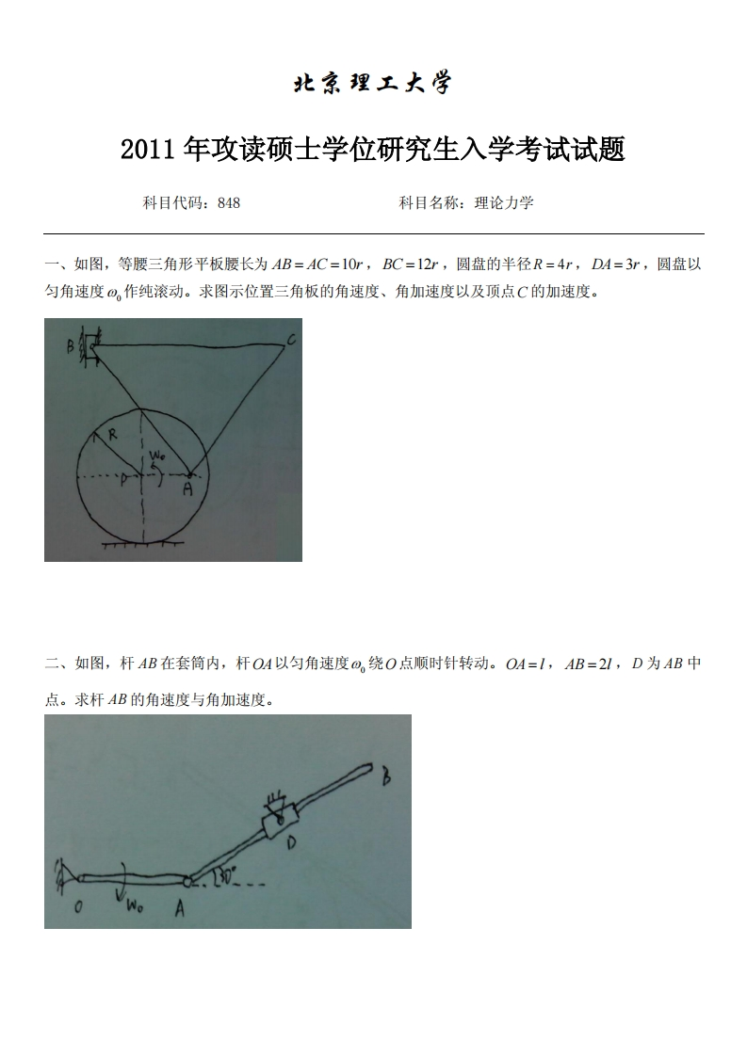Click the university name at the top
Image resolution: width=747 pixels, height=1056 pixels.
(373, 84)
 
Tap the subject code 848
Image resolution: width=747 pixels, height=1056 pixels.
(229, 202)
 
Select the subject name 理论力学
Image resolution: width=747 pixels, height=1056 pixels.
(505, 202)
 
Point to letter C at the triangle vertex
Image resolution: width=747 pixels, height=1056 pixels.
(292, 340)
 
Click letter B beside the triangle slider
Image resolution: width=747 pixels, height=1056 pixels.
(70, 346)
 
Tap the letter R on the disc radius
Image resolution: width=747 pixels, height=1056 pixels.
(110, 435)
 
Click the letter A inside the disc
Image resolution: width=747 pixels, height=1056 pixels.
(187, 489)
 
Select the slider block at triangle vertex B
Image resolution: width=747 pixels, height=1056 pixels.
(89, 346)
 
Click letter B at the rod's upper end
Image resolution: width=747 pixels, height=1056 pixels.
(386, 778)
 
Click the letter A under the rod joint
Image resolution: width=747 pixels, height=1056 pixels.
(179, 908)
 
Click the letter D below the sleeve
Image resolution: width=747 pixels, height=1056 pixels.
(291, 844)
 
